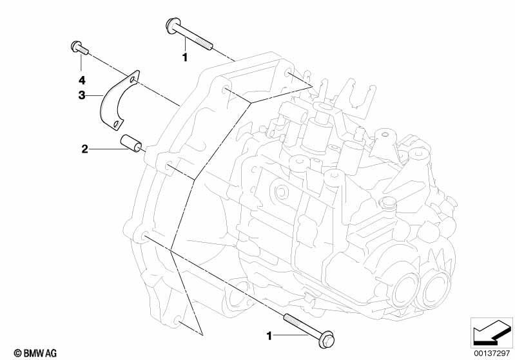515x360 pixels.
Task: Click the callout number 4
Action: pos(81,80)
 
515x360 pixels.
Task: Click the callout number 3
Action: pos(81,95)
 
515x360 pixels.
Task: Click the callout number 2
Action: pos(84,149)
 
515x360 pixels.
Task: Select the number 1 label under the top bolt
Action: pos(185,57)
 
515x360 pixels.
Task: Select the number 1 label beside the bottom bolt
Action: pos(269,336)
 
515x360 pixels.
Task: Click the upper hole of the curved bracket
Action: pos(132,79)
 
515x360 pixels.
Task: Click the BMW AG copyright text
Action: pos(35,354)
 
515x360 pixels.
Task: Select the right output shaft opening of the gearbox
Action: pos(436,289)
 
